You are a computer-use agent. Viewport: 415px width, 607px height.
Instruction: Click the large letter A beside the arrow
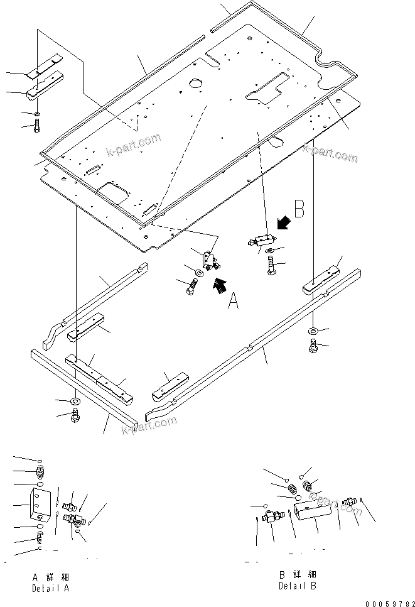point(232,302)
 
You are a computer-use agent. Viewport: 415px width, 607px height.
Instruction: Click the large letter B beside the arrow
point(299,210)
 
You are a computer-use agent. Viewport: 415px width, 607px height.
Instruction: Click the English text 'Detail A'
point(50,589)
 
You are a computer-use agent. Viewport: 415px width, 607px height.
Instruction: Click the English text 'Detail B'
point(298,586)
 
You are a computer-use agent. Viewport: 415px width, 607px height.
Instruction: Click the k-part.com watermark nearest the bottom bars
point(149,425)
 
